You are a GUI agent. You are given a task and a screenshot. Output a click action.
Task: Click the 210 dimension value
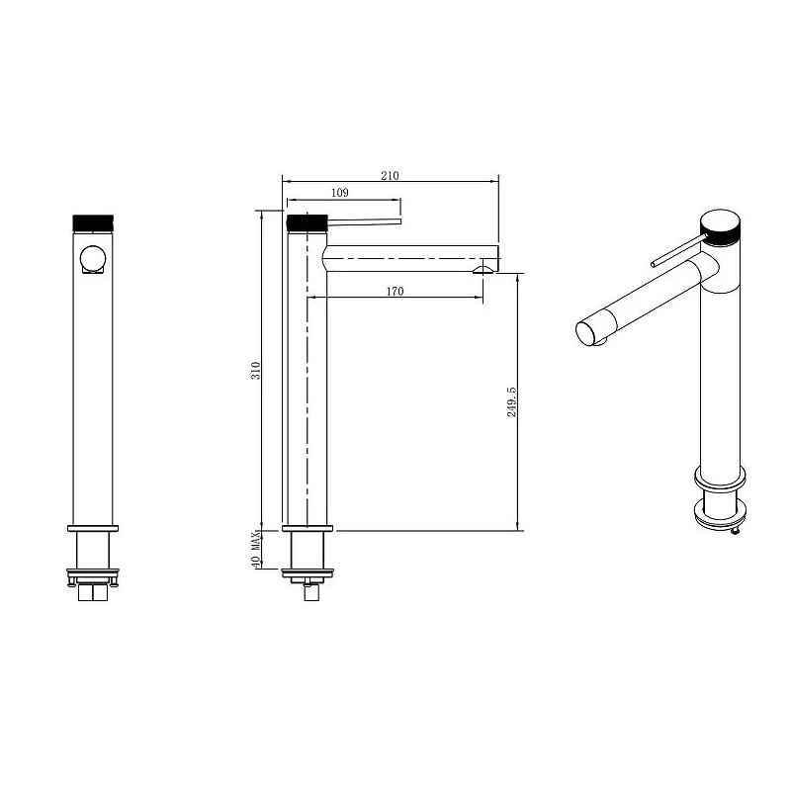pos(390,175)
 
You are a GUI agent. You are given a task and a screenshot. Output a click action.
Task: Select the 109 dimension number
pos(340,192)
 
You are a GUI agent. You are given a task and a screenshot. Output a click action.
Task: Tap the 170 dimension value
pos(395,291)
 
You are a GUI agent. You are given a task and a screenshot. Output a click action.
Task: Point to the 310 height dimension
pos(256,370)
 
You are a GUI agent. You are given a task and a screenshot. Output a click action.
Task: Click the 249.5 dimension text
pos(511,401)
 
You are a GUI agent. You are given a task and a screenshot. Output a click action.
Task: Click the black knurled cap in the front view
pos(93,222)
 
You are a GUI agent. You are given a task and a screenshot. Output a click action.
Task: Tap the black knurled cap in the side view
pos(308,222)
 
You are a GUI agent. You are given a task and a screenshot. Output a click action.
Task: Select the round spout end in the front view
pos(93,258)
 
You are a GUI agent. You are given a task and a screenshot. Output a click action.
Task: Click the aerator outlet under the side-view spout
pos(483,270)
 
